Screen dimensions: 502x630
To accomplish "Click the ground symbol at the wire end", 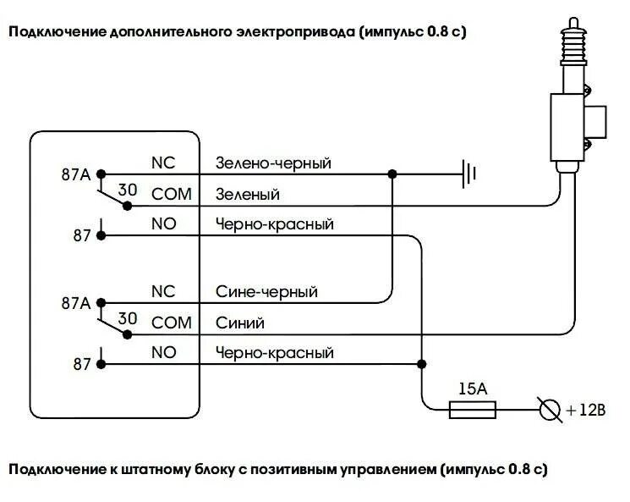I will pyautogui.click(x=469, y=174).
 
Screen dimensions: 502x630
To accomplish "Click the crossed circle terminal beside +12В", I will pyautogui.click(x=550, y=410).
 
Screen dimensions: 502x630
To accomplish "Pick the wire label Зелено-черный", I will pyautogui.click(x=272, y=163).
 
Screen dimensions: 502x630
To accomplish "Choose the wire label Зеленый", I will pyautogui.click(x=248, y=194).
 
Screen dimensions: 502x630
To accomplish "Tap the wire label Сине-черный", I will pyautogui.click(x=266, y=291).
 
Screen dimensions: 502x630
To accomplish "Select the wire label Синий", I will pyautogui.click(x=240, y=323).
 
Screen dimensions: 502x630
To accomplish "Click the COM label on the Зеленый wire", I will pyautogui.click(x=172, y=194).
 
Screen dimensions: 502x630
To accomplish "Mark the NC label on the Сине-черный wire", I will pyautogui.click(x=162, y=291).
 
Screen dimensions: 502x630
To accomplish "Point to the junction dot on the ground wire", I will pyautogui.click(x=391, y=174).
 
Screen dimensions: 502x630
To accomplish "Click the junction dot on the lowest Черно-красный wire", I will pyautogui.click(x=420, y=364).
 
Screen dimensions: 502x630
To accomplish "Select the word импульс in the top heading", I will pyautogui.click(x=395, y=32).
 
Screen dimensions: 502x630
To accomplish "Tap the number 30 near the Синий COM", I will pyautogui.click(x=128, y=318).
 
